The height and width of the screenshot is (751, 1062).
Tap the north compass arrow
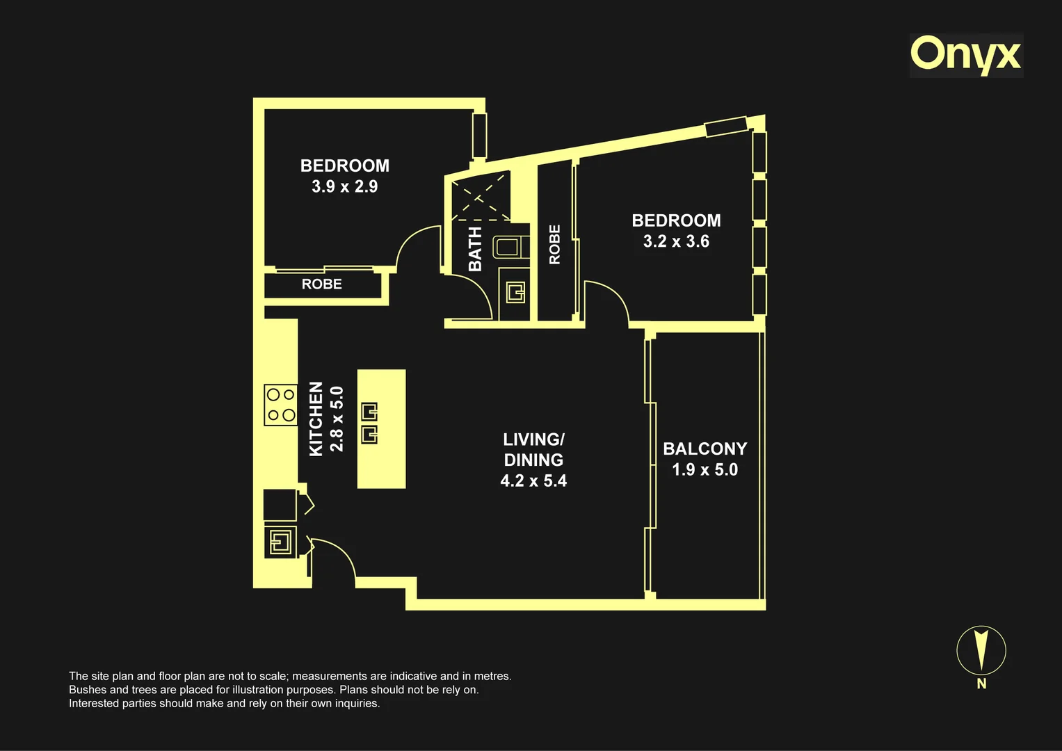981,649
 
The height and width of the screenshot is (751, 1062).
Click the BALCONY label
705,449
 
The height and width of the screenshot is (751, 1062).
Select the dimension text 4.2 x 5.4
533,481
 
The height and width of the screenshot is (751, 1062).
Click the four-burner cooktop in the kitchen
281,405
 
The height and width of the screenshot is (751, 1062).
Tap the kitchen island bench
381,428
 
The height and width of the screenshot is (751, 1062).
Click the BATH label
475,249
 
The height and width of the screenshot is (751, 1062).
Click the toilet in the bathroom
510,247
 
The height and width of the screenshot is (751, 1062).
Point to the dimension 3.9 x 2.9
345,186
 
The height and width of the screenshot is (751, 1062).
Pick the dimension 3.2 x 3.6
676,241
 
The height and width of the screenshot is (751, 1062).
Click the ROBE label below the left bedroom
322,284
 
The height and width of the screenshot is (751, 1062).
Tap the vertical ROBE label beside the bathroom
554,244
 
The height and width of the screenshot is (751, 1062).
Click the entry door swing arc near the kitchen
342,552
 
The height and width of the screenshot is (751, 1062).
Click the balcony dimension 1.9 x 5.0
705,469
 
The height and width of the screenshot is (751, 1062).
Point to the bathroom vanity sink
515,292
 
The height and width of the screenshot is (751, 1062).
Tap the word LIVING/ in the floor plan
533,439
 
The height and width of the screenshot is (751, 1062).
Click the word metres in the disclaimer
492,676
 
